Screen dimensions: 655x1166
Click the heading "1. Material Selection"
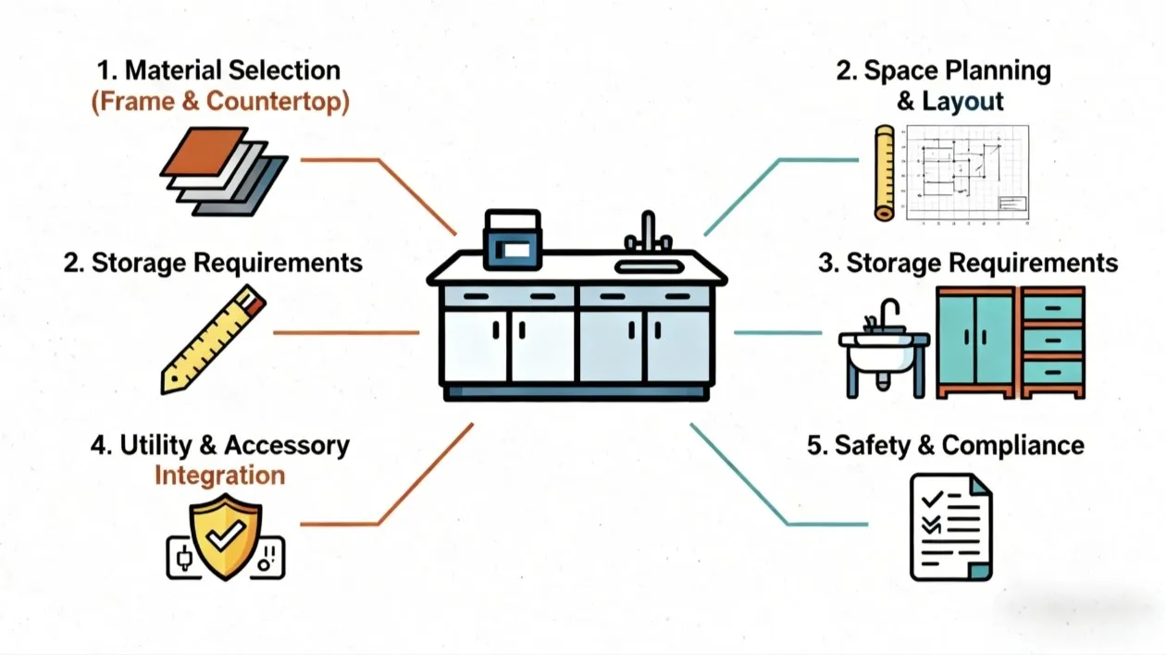(219, 70)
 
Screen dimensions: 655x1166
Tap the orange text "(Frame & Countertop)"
(219, 102)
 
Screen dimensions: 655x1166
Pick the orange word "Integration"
(219, 476)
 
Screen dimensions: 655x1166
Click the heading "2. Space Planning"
(943, 71)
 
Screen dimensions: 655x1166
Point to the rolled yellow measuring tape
(884, 173)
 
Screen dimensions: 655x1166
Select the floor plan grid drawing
(966, 174)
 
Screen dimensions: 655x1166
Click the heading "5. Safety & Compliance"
(945, 445)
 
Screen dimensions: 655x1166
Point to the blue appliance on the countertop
(512, 243)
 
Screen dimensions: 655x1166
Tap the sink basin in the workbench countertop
(649, 266)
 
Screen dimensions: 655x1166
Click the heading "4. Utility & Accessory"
(219, 445)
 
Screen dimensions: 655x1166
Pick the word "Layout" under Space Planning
(962, 101)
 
